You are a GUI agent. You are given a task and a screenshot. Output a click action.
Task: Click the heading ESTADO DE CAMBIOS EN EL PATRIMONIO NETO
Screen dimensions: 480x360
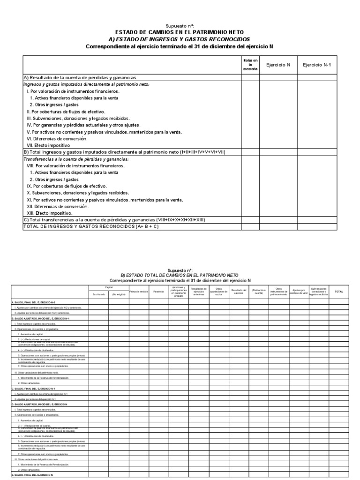180,32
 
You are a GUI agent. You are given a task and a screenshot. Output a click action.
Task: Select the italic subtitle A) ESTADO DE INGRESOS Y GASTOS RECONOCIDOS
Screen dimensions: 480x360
180,39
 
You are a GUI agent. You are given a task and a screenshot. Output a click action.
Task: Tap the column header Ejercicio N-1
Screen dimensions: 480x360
317,65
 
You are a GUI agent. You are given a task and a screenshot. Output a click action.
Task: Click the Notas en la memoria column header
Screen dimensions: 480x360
250,65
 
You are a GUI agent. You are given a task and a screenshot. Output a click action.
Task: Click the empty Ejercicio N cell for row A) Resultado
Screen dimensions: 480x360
278,77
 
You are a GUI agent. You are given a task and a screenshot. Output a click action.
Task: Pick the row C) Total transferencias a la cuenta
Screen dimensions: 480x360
114,220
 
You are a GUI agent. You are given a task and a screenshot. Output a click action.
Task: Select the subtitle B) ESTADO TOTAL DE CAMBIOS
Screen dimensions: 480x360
180,275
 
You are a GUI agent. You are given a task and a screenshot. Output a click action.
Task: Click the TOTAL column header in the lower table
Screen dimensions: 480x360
338,292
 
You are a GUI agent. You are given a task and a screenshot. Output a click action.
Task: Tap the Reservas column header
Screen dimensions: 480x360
158,292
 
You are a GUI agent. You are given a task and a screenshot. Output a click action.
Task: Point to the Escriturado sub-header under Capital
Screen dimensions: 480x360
99,294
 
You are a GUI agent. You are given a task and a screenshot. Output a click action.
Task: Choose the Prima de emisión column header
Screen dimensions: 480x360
139,292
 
